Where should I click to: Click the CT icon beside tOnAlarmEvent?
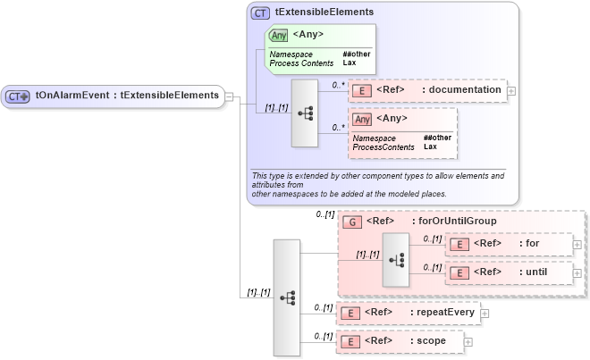pos(18,96)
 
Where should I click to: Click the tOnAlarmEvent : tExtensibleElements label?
pos(127,95)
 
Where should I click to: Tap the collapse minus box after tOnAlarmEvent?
pos(230,96)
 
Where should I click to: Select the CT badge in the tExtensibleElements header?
pos(260,13)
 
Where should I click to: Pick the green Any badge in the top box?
pos(278,35)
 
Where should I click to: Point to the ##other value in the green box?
pos(356,54)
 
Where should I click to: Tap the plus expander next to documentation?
pos(511,90)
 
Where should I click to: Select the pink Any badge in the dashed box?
pos(362,119)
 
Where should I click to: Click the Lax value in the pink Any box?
pos(430,147)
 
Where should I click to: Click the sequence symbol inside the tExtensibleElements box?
pos(305,113)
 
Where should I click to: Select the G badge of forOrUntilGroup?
pos(351,222)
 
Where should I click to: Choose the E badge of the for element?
pos(458,244)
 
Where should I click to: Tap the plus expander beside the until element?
pos(577,272)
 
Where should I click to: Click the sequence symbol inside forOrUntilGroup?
pos(395,259)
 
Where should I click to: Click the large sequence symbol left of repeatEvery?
pos(287,297)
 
